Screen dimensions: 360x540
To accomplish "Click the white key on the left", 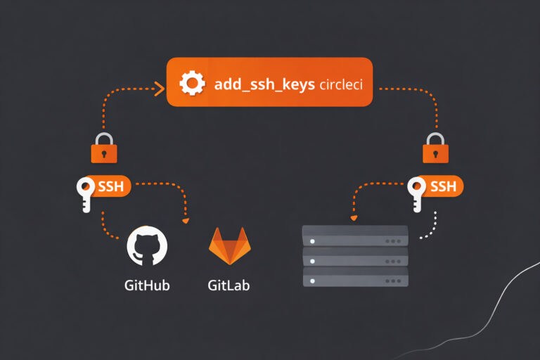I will pyautogui.click(x=86, y=193).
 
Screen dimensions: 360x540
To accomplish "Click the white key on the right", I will pyautogui.click(x=417, y=193).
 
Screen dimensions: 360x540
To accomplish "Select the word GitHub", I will pyautogui.click(x=147, y=285).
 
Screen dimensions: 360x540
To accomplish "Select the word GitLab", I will pyautogui.click(x=229, y=285).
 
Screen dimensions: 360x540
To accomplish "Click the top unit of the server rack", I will pyautogui.click(x=355, y=236).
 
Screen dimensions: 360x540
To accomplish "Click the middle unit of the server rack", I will pyautogui.click(x=355, y=256).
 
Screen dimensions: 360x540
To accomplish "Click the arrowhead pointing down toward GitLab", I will pyautogui.click(x=186, y=221).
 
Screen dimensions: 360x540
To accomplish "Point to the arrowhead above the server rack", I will pyautogui.click(x=354, y=217).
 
